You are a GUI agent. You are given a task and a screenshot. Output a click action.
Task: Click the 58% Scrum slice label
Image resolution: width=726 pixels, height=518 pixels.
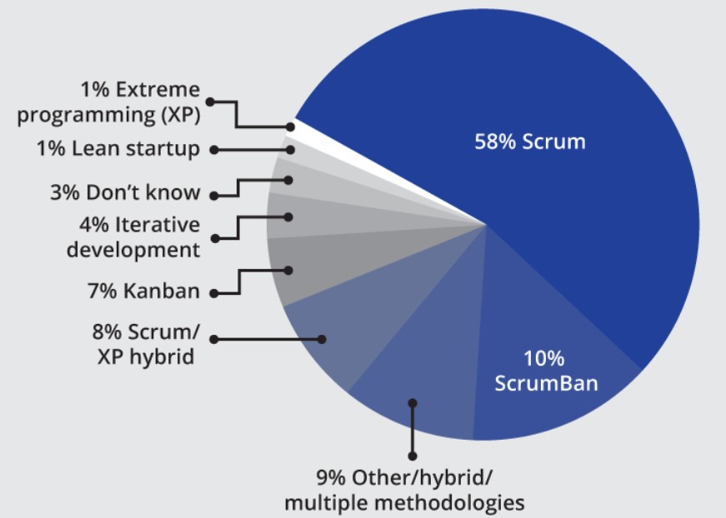(530, 141)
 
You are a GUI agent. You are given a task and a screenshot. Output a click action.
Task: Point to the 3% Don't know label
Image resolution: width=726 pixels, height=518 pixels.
(125, 193)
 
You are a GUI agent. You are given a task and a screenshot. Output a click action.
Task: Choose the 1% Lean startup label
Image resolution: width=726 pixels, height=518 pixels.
(118, 150)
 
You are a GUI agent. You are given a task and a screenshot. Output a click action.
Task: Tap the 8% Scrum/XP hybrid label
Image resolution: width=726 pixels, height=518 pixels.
(146, 345)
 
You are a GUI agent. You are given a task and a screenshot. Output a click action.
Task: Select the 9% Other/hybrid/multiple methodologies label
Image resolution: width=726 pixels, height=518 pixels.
(404, 491)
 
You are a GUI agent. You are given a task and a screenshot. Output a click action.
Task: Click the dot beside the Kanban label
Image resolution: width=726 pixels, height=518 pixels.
(213, 292)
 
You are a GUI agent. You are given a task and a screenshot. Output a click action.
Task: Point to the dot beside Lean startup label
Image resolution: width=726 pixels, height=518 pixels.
(213, 150)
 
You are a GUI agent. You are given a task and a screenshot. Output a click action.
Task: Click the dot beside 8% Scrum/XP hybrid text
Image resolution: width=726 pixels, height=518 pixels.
(213, 339)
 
